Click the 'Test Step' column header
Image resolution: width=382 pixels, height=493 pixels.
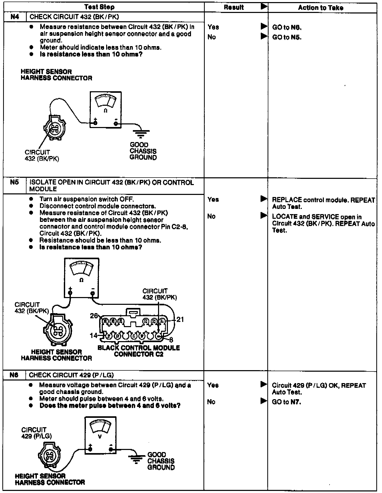(99, 7)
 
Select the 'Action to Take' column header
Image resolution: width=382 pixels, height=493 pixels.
(320, 8)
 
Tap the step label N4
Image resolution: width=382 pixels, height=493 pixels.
(15, 17)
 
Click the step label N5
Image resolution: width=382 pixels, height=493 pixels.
(15, 182)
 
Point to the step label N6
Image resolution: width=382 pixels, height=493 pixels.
(14, 375)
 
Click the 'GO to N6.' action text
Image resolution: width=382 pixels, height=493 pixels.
(287, 27)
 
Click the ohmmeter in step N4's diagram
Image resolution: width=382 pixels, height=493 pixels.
(106, 109)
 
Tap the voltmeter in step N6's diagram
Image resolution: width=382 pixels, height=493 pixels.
(100, 435)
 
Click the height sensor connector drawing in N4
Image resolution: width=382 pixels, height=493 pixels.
(54, 127)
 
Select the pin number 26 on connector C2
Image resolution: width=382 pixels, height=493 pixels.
(94, 315)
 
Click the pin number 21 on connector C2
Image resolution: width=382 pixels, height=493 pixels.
(180, 319)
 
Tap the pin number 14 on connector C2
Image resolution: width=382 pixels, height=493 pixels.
(93, 335)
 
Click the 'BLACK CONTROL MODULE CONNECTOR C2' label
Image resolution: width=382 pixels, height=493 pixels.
(139, 351)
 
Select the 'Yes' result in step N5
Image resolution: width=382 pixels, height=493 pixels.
(213, 199)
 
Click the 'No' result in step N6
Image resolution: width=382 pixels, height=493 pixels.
(211, 402)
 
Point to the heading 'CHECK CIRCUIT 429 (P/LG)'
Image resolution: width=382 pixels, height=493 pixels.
(71, 375)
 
